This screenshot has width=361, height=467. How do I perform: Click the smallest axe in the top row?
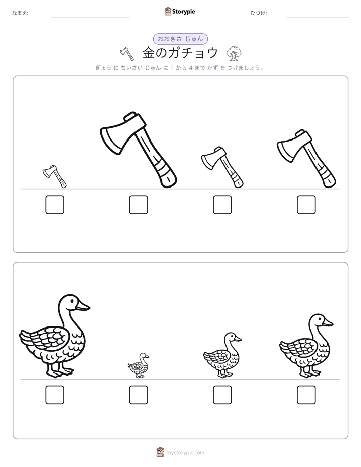point(55,176)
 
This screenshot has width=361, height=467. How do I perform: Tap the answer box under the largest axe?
point(139,205)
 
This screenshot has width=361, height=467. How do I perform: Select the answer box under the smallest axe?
point(55,205)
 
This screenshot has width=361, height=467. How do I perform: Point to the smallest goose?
point(139,365)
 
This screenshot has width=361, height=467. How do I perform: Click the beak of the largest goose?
point(82,306)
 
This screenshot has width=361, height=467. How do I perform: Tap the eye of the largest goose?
point(72,301)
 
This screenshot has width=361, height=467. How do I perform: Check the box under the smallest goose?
point(139,395)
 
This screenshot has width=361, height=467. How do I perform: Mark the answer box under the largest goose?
point(55,395)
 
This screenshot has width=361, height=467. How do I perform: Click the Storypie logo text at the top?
point(184,12)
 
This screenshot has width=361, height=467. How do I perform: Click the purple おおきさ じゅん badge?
point(180,39)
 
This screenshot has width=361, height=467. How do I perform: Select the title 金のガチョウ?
point(180,53)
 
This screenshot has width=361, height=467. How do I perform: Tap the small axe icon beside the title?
point(127,54)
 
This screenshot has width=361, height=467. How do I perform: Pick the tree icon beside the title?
point(234,54)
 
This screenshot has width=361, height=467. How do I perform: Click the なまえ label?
point(20,13)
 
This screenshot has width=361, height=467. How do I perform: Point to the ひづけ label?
point(259,13)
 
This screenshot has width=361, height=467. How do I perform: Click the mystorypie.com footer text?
point(185,453)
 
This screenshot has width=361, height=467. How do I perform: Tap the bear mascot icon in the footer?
point(160,452)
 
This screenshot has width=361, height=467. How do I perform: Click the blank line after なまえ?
point(90,17)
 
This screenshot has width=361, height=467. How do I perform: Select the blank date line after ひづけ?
point(318,17)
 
